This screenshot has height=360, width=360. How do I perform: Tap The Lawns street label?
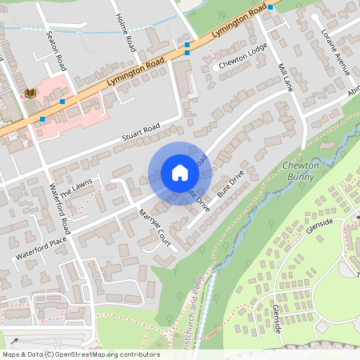click(x=82, y=194)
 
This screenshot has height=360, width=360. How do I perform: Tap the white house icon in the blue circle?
click(x=180, y=173)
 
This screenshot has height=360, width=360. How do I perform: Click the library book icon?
click(x=30, y=94)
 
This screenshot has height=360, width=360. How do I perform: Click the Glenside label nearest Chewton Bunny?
click(x=319, y=223)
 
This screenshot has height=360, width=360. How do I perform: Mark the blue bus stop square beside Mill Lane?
click(x=271, y=7)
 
